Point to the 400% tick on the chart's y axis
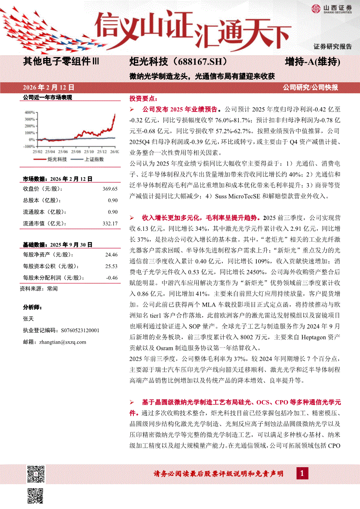click(x=29, y=111)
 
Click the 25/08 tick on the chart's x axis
click(x=76, y=152)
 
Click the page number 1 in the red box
click(x=302, y=473)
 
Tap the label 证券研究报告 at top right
click(x=333, y=46)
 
